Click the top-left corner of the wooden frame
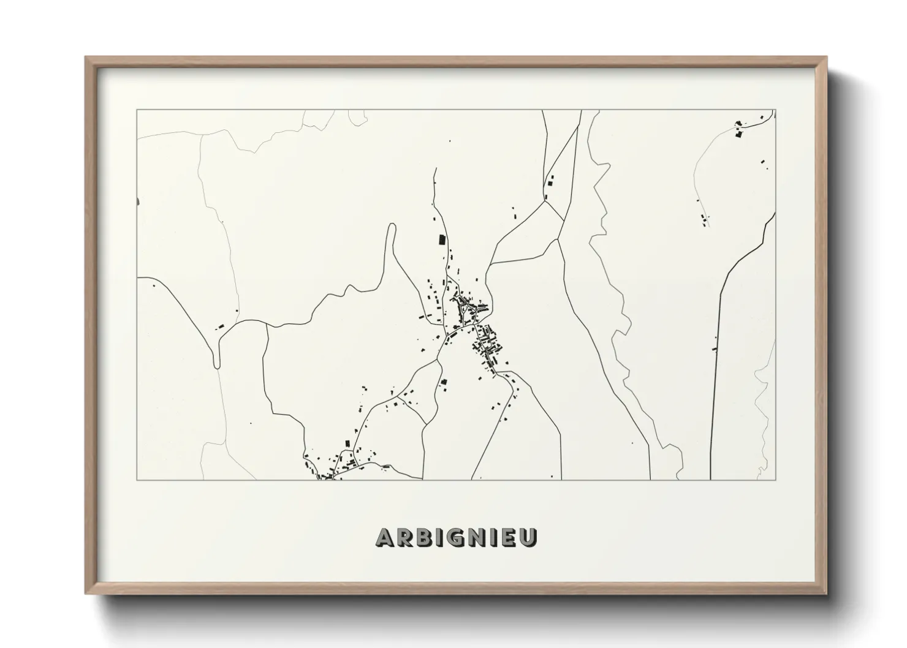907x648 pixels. tap(86, 57)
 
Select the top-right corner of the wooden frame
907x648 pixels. tap(826, 57)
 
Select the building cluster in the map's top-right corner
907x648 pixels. tap(740, 129)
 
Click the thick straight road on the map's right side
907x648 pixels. tap(715, 380)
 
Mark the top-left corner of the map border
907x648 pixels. tap(137, 110)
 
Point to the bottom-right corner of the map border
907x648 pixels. tap(776, 480)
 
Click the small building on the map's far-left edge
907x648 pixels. tap(139, 201)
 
